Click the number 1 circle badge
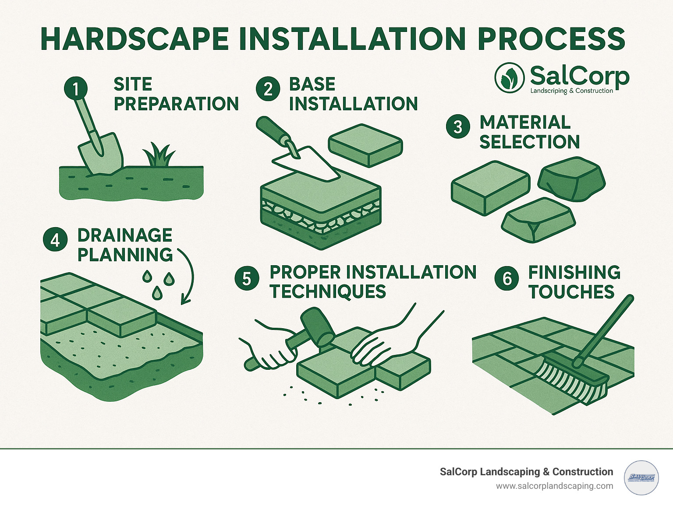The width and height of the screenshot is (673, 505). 76,89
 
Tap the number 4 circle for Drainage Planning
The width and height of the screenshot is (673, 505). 55,240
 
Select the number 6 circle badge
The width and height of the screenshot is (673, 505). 507,278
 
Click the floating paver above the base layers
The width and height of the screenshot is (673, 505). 365,145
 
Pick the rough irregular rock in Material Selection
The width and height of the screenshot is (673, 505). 571,179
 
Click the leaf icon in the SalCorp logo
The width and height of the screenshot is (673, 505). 509,78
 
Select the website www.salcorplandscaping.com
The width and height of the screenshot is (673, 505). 554,486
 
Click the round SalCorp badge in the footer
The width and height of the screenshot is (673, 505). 641,478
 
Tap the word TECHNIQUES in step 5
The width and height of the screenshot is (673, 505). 328,291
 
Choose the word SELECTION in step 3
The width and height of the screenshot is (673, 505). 529,142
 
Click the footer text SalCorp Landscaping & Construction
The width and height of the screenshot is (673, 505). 526,472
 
